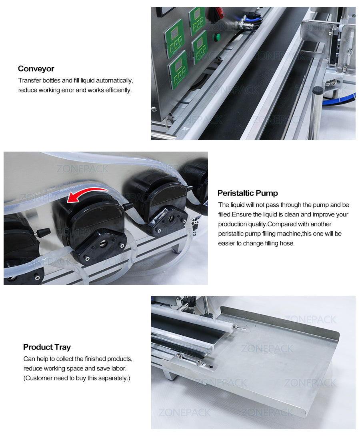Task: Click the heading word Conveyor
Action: point(36,69)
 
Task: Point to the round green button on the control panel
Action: point(217,38)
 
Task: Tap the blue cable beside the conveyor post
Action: point(340,100)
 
